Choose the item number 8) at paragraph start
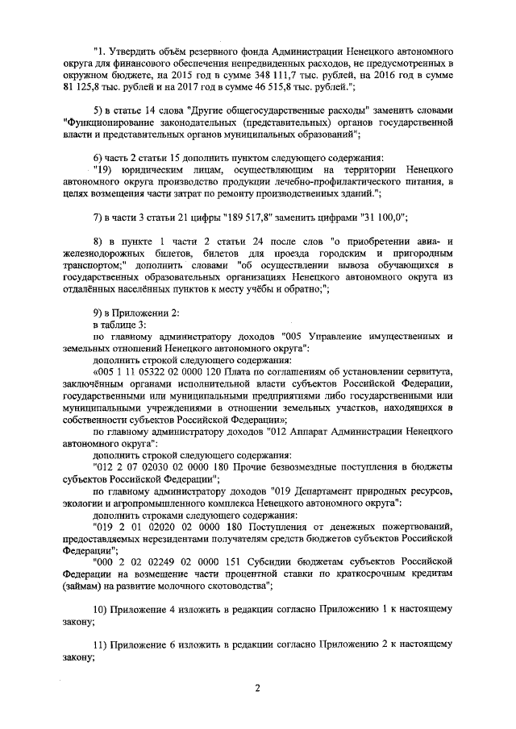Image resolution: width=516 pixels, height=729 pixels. coord(99,242)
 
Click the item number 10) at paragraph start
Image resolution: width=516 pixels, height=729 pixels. coord(102,609)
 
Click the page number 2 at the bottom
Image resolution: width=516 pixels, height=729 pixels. coord(258,687)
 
